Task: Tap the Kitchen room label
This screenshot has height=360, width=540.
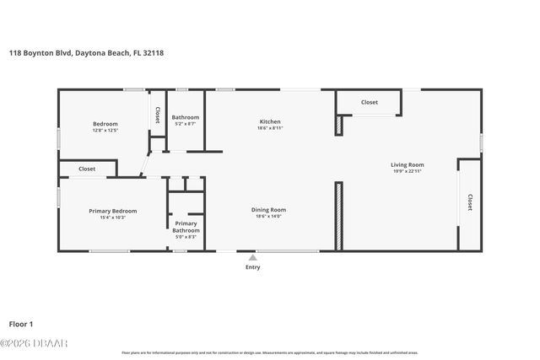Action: pos(269,121)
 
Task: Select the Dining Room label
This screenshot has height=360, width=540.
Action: pos(268,209)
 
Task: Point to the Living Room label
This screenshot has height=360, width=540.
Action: pos(407,164)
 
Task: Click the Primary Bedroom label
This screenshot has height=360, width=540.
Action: pos(113,211)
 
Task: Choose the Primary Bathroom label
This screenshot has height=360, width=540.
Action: pos(186,227)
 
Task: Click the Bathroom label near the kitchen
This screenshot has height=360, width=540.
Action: pos(186,117)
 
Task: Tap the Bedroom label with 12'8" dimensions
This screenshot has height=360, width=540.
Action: pos(105,124)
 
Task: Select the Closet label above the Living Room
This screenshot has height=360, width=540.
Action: pos(370,102)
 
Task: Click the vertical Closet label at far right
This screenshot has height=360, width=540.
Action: pos(469,202)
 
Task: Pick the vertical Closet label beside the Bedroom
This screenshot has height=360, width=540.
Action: pos(156,115)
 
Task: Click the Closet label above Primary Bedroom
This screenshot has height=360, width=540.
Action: pos(87,169)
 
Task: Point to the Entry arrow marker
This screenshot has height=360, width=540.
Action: pos(252,257)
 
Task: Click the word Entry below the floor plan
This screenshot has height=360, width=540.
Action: pos(252,267)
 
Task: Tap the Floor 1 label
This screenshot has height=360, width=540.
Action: pos(22,323)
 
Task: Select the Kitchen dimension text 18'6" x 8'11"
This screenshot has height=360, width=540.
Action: pos(269,129)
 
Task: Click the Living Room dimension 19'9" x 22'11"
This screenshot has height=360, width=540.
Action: pos(407,171)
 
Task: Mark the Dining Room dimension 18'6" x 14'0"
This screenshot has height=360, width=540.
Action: pos(268,217)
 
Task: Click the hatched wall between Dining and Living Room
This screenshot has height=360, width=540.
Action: pos(339,215)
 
